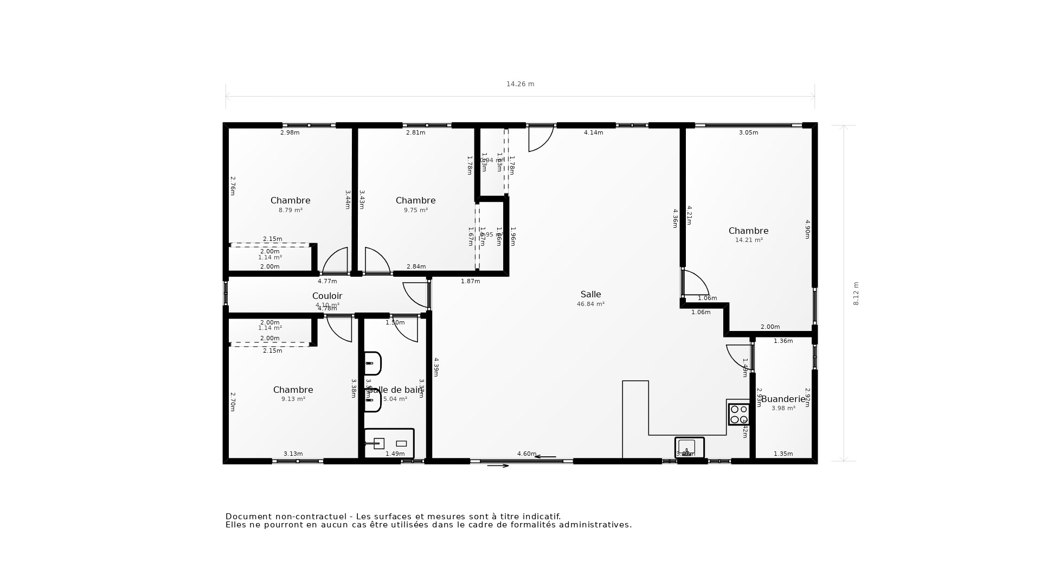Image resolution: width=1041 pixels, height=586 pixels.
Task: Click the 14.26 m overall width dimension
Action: (520, 84)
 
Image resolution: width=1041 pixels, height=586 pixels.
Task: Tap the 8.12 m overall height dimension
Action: (856, 293)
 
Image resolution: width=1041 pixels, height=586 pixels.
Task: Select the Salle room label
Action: (590, 295)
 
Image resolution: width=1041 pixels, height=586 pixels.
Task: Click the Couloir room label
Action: (327, 296)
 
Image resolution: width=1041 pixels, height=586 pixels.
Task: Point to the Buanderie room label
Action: (783, 399)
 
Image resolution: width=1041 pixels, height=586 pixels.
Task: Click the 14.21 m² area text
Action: (749, 240)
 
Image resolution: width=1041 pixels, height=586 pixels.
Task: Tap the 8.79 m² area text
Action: (291, 210)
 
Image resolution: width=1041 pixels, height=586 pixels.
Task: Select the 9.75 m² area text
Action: (416, 210)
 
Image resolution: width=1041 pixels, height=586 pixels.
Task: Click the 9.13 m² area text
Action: (293, 399)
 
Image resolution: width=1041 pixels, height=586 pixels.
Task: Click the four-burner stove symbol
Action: (738, 414)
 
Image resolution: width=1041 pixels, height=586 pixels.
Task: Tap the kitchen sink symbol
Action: (689, 448)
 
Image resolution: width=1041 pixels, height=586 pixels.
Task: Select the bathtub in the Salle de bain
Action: (389, 443)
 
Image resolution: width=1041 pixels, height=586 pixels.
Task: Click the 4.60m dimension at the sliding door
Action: (526, 454)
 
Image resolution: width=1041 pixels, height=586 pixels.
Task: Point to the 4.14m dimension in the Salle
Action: (593, 132)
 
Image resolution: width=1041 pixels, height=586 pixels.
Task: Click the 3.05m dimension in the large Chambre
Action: (748, 132)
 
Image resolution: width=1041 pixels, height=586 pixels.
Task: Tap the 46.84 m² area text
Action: (590, 304)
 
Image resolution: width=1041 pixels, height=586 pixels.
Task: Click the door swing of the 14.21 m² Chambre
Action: (696, 282)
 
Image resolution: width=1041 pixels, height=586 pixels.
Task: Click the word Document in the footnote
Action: (247, 517)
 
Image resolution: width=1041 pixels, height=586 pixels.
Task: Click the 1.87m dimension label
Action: (470, 281)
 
